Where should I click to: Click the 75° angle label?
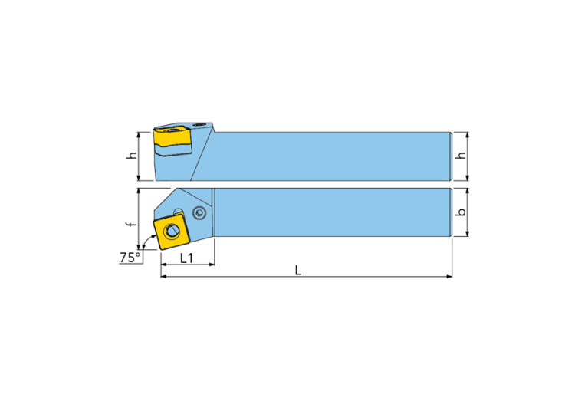click(x=130, y=258)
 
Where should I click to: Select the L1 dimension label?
click(x=186, y=258)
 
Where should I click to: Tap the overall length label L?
click(x=298, y=270)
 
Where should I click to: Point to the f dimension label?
click(x=130, y=225)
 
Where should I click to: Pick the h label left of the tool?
click(x=131, y=156)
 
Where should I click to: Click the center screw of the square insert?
click(x=172, y=231)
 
